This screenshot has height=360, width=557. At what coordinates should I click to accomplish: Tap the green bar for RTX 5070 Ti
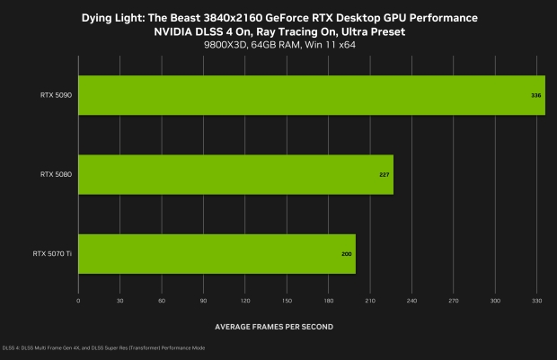coord(217,253)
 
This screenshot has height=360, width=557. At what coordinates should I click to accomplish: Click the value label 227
coord(385,174)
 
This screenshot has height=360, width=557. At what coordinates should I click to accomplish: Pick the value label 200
coord(347,254)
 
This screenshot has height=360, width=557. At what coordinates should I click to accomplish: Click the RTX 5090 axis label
coord(55,95)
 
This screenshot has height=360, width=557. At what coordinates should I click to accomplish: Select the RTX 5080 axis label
coord(55,174)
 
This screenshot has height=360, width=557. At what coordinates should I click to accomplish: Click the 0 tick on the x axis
coord(79,302)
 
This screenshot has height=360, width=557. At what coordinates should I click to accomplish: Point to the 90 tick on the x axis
coord(204,302)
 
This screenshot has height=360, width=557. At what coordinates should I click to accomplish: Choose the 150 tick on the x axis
coord(287,302)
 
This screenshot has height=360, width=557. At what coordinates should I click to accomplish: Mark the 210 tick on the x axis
coord(370,302)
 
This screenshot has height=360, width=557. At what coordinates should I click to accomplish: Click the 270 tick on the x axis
coord(453,302)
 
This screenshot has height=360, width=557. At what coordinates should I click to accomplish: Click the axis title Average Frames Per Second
coord(274,325)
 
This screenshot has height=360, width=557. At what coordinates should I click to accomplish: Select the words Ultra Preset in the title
coord(370,31)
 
